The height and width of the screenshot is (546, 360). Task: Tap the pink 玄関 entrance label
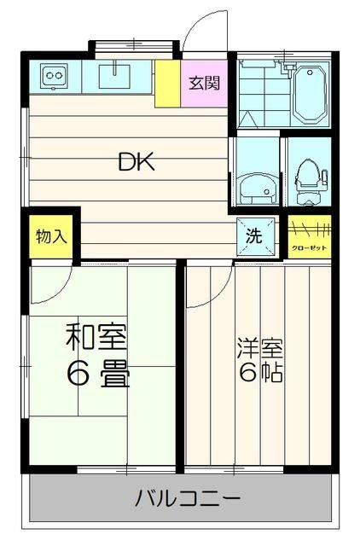coord(204,84)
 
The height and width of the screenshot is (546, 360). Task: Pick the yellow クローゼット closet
coord(308,237)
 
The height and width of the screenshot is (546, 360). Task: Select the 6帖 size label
coord(259,374)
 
